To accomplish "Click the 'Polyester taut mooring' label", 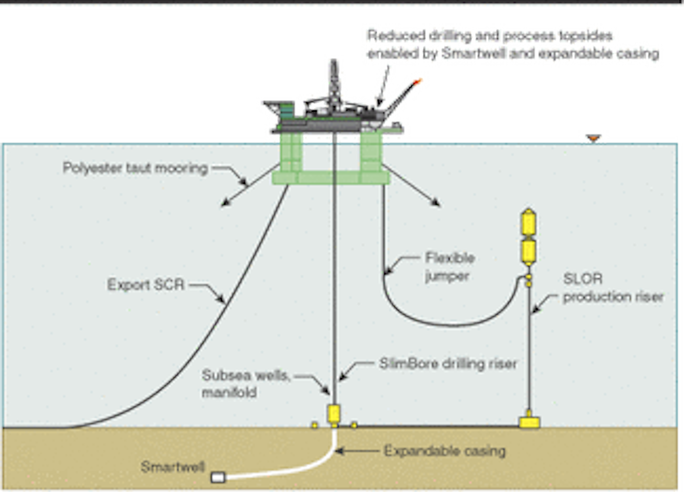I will pyautogui.click(x=135, y=168).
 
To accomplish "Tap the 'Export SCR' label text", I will pyautogui.click(x=145, y=285).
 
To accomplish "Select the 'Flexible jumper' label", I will pyautogui.click(x=449, y=267).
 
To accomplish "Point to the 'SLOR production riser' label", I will pyautogui.click(x=612, y=288).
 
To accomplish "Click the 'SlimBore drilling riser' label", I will pyautogui.click(x=448, y=363).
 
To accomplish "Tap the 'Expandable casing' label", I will pyautogui.click(x=444, y=450).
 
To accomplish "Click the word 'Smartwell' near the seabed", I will pyautogui.click(x=173, y=467).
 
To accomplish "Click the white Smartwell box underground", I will pyautogui.click(x=218, y=477).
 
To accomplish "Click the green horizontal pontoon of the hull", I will pyautogui.click(x=331, y=177).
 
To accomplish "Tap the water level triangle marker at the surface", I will pyautogui.click(x=593, y=138).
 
